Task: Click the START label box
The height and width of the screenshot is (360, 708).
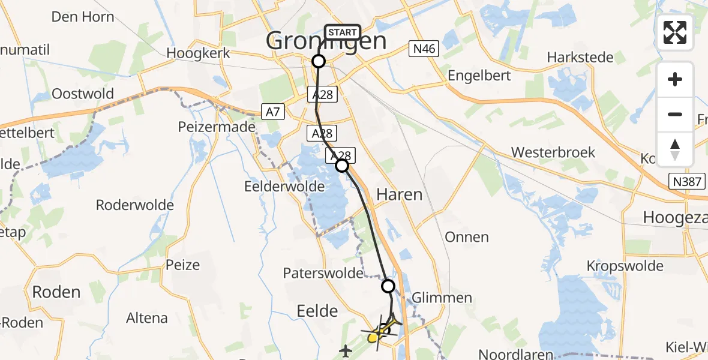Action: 342,32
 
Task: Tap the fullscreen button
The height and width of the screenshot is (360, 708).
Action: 675,32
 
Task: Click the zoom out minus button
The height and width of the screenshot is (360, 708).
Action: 675,114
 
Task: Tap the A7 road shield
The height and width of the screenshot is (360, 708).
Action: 272,110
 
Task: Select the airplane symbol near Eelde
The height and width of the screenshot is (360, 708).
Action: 346,350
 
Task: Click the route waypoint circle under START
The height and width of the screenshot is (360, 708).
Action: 319,61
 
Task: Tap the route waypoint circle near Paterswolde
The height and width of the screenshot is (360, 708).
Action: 388,286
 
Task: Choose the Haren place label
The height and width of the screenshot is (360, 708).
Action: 399,194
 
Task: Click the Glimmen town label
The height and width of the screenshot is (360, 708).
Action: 442,298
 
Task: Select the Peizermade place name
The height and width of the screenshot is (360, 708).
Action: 217,127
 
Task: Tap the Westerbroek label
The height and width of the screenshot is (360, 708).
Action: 553,152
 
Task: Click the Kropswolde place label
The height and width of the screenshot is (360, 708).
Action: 625,266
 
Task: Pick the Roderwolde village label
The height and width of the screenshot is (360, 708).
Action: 135,205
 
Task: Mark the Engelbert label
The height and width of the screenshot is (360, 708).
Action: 479,76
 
